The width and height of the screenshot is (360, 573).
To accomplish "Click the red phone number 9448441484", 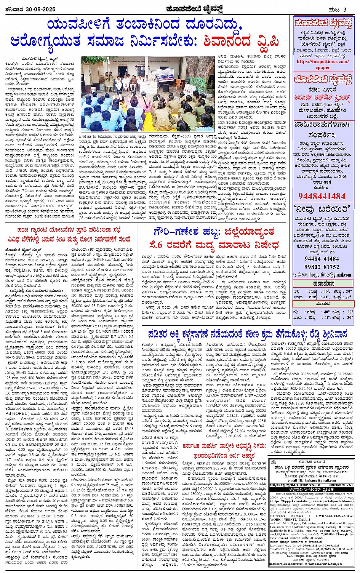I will point(322,196).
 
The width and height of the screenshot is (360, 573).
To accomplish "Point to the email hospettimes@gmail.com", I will point(330,274).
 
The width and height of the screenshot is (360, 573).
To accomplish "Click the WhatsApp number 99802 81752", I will point(322,267).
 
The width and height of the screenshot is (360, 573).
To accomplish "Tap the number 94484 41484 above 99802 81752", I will point(322,259).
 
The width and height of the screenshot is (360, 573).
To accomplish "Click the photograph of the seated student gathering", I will point(148,93).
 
